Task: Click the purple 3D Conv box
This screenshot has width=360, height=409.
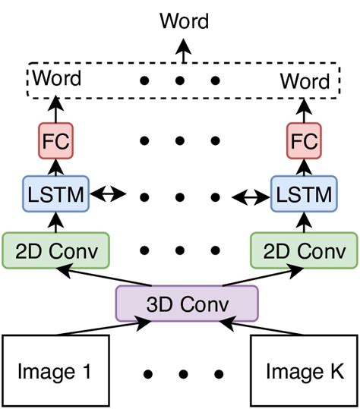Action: click(x=187, y=303)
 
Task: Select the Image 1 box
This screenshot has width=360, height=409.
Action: click(x=57, y=371)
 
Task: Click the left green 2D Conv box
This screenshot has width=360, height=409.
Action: click(x=55, y=249)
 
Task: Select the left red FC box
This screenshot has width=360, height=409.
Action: click(x=54, y=140)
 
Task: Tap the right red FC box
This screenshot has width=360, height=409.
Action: click(x=305, y=140)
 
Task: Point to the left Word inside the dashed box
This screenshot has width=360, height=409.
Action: click(x=58, y=77)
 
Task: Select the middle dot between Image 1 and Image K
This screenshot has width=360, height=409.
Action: click(x=183, y=374)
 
